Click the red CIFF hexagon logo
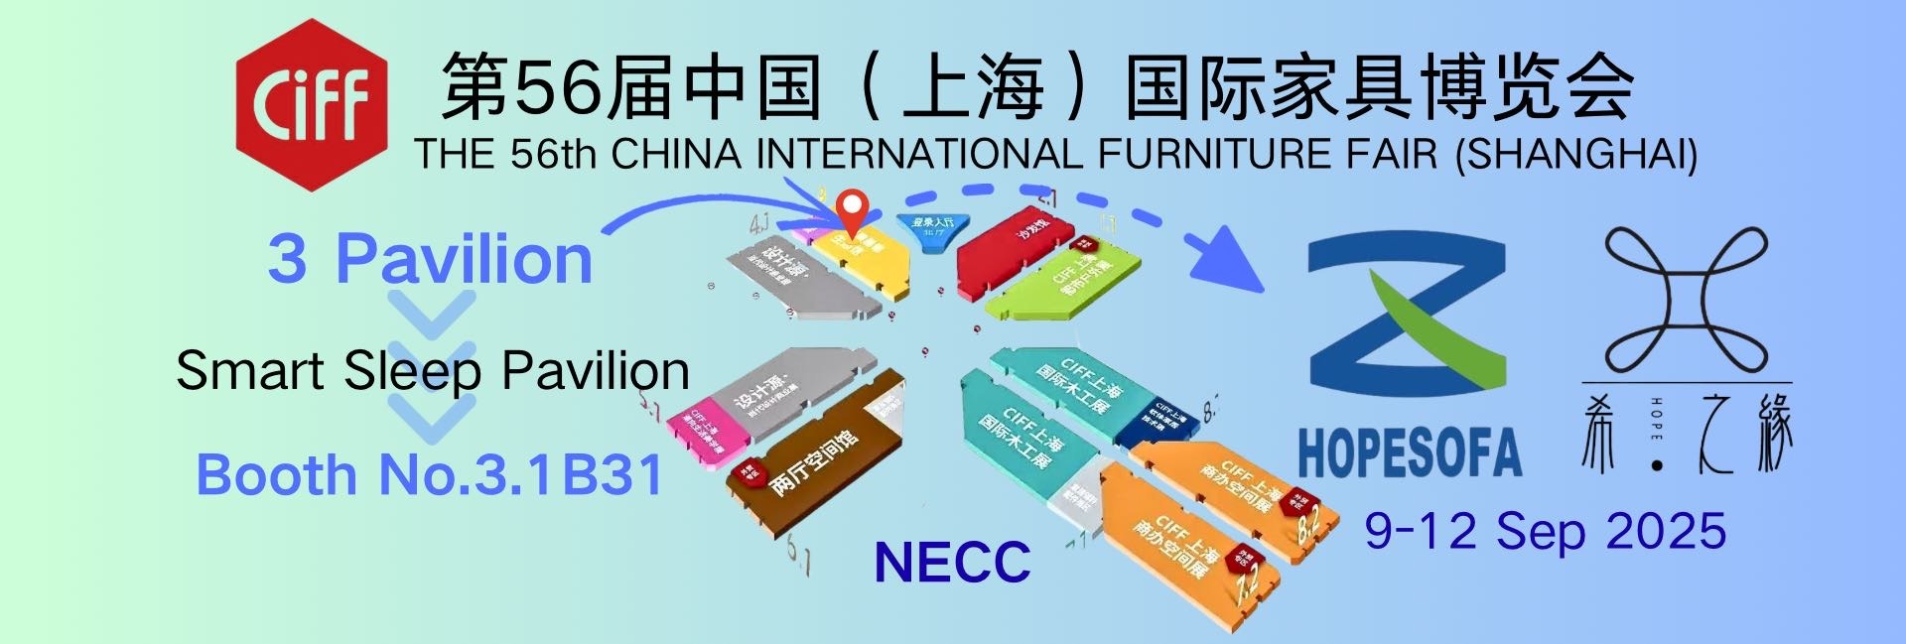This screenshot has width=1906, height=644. [311, 104]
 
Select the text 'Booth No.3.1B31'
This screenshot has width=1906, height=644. [429, 474]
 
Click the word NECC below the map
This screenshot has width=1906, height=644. [951, 563]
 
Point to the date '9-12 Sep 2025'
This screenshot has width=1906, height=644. [1545, 531]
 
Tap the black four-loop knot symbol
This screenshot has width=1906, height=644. [1687, 299]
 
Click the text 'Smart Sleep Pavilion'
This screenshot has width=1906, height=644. [432, 371]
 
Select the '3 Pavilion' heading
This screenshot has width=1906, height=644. [430, 259]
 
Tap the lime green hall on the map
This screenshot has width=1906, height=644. [1062, 283]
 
